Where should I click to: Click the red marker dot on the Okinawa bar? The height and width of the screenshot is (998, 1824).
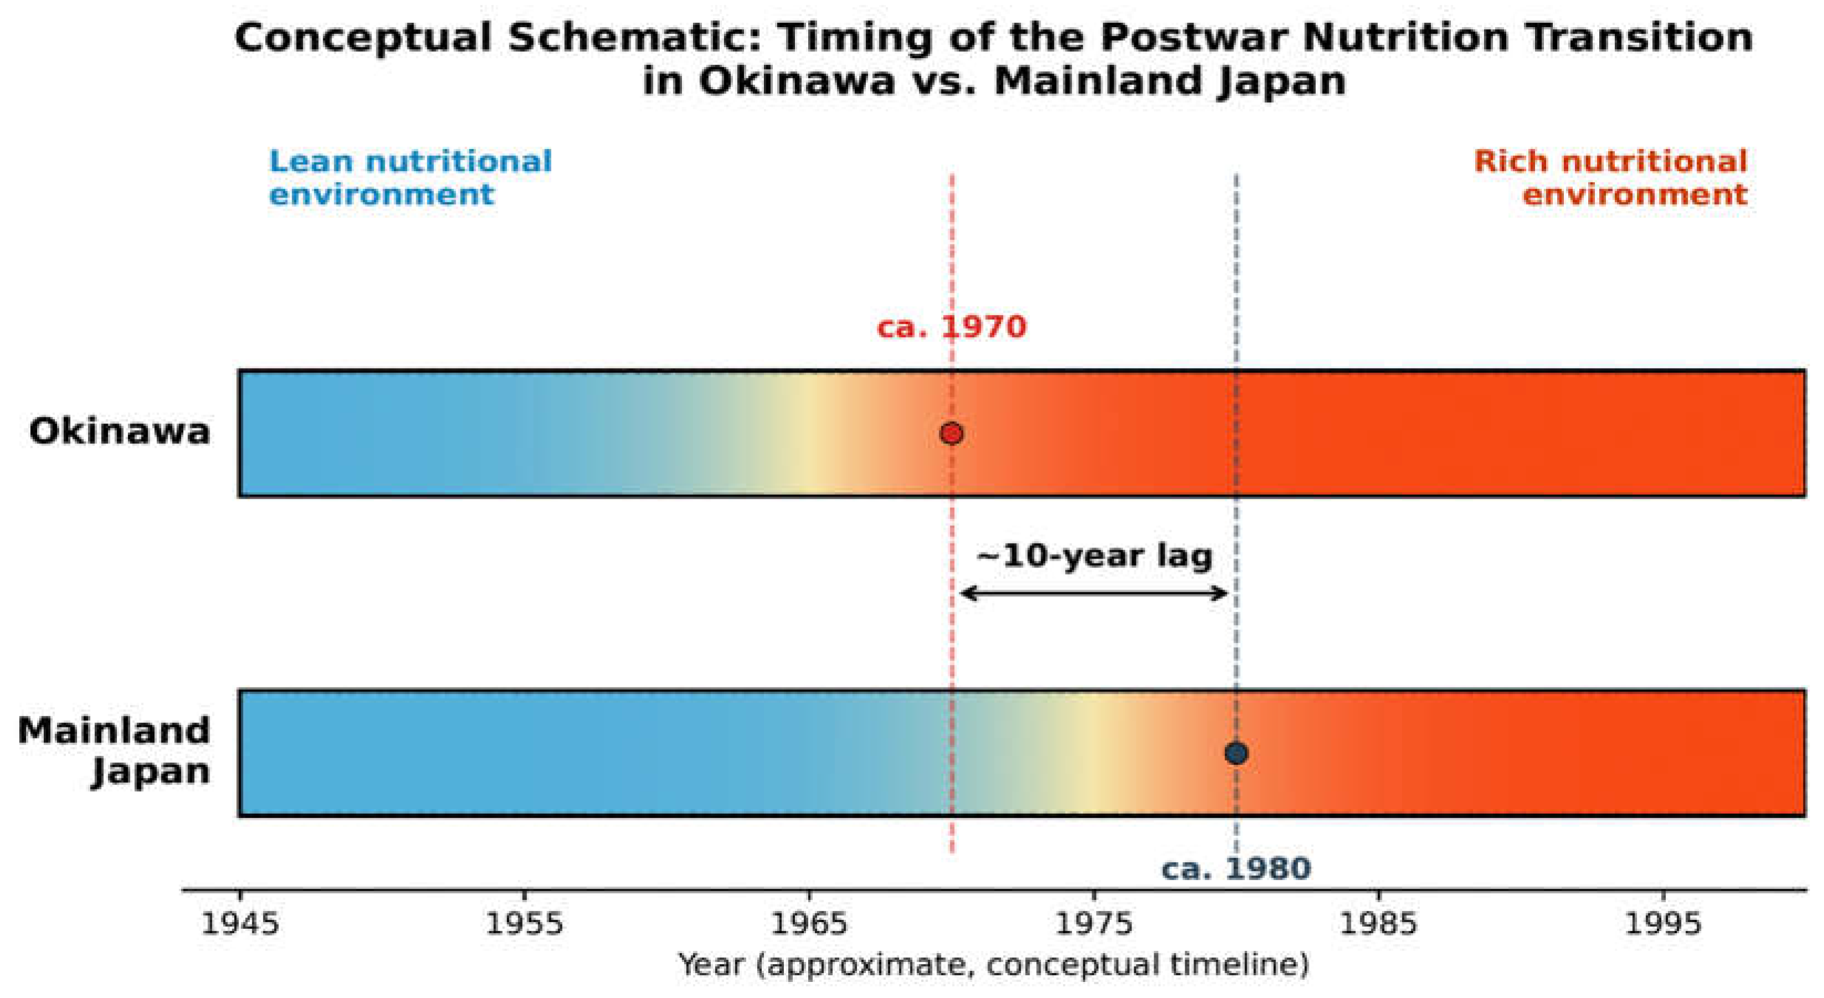(951, 433)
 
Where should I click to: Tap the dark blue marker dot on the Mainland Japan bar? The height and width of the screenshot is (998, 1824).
(1236, 753)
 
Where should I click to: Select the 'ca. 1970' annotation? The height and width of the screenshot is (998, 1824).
(951, 328)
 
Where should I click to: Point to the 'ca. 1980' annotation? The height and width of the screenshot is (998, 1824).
(1236, 868)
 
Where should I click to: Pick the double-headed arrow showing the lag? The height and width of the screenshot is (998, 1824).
(1093, 593)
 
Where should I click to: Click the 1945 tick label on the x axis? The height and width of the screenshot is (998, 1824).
(240, 924)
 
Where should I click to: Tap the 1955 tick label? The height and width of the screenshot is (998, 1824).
(525, 924)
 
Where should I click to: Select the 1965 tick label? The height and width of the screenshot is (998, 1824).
(809, 924)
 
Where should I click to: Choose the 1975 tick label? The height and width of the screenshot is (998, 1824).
(1095, 924)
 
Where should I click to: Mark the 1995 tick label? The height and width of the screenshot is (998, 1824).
(1663, 924)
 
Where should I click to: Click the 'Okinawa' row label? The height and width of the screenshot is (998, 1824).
(120, 432)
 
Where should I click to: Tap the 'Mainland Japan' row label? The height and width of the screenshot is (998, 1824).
(115, 752)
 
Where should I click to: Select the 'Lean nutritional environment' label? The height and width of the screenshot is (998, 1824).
(410, 178)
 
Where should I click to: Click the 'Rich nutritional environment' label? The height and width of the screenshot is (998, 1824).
(1611, 178)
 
